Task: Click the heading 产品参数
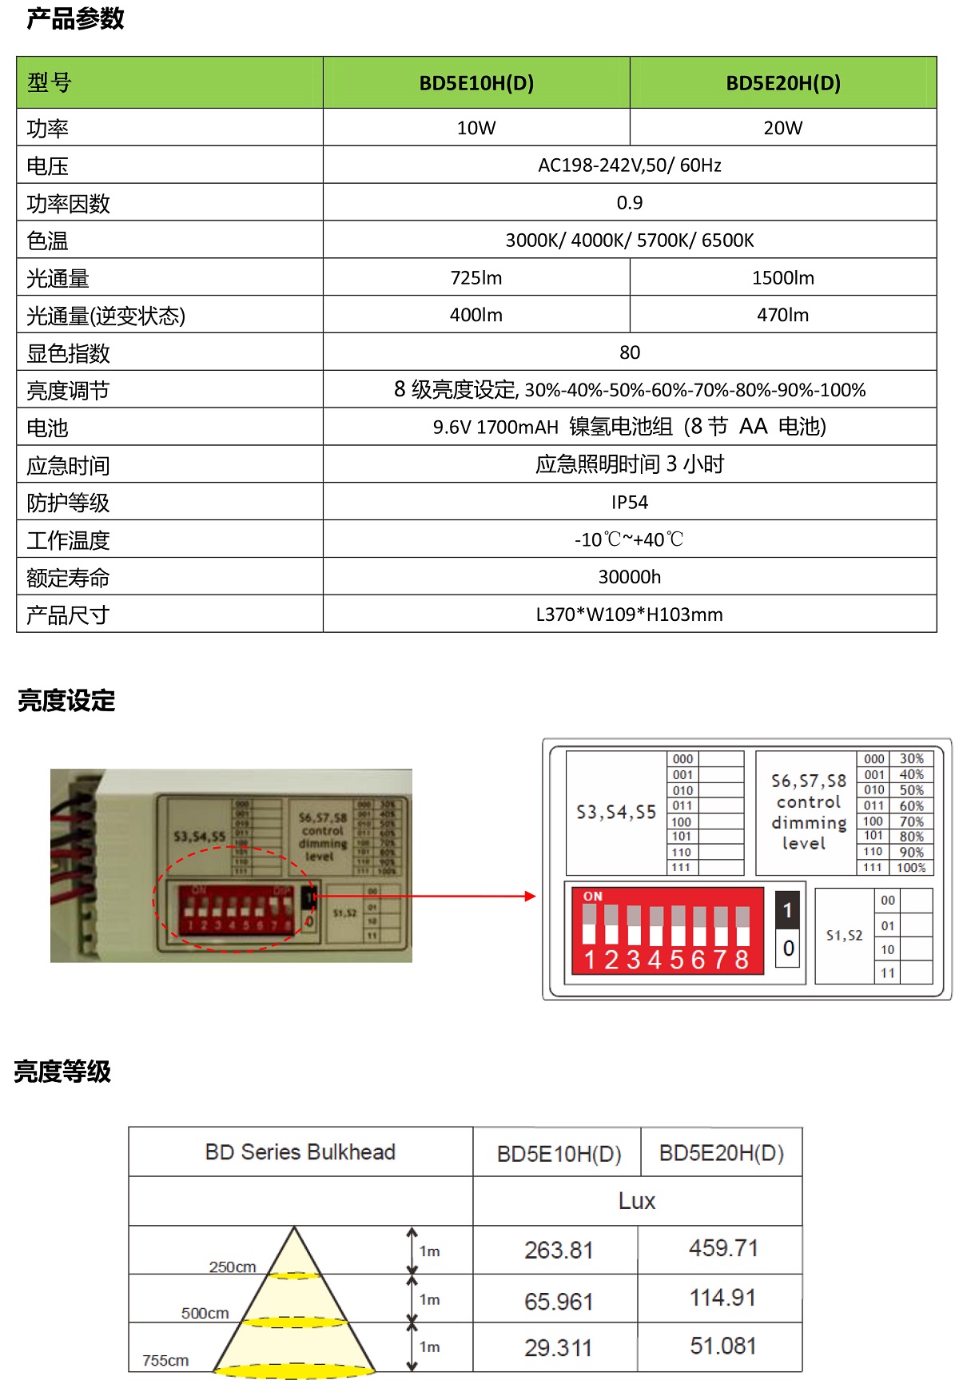tap(75, 19)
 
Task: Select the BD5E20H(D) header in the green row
tap(782, 83)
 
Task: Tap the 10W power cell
tap(476, 128)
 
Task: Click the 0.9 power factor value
tap(629, 203)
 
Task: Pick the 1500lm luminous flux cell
tap(782, 278)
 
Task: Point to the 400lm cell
tap(476, 315)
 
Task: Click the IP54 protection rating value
tap(629, 503)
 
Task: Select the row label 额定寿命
tap(68, 578)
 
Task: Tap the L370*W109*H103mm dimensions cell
tap(629, 614)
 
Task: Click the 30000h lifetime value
tap(629, 577)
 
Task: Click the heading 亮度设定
tap(66, 701)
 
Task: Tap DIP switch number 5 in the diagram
tap(677, 959)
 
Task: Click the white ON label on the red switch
tap(593, 897)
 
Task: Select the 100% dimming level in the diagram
tap(911, 868)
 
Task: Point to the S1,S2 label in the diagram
tap(844, 936)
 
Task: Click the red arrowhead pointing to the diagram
tap(530, 897)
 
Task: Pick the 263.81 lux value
tap(559, 1251)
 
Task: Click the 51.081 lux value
tap(722, 1346)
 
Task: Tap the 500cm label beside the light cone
tap(205, 1314)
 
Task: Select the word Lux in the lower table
tap(636, 1201)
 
